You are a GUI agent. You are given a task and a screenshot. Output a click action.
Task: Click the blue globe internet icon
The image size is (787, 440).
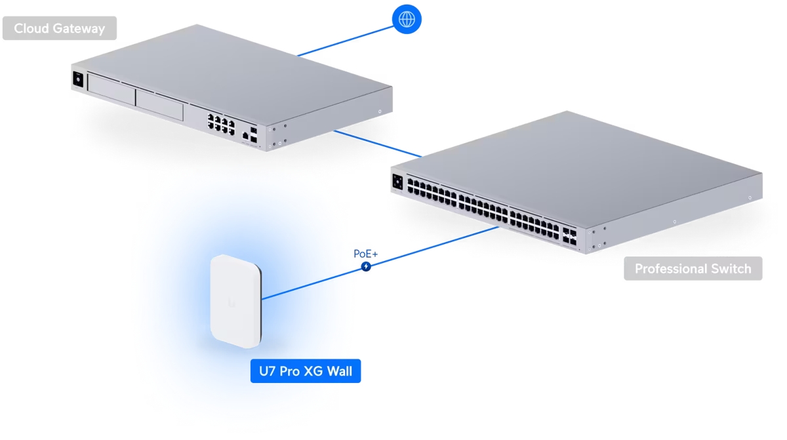click(x=407, y=19)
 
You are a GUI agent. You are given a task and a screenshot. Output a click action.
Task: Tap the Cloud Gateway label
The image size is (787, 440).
click(x=59, y=28)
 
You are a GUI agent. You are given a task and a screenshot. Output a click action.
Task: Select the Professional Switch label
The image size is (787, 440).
click(x=693, y=269)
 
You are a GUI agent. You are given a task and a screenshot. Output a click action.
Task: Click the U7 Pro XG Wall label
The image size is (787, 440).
click(x=306, y=372)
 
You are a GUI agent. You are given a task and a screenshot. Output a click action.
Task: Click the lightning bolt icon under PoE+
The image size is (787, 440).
click(x=366, y=267)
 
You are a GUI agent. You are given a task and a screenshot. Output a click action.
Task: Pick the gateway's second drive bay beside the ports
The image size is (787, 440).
click(x=159, y=105)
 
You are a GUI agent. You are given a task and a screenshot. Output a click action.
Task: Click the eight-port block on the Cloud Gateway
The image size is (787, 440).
click(x=222, y=125)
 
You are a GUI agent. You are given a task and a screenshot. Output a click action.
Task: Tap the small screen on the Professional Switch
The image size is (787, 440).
click(x=397, y=181)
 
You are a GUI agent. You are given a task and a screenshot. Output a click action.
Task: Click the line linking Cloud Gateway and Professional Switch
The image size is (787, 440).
click(x=377, y=144)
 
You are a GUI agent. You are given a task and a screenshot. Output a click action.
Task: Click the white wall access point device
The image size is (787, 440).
click(x=235, y=301)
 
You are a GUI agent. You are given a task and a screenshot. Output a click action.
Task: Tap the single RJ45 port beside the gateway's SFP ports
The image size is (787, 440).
click(x=245, y=136)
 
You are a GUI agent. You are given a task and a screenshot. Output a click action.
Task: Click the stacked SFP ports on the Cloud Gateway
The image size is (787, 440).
click(x=254, y=134)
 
